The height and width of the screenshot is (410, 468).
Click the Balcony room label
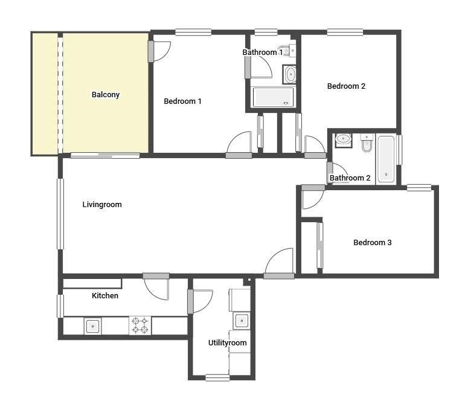pyautogui.click(x=105, y=95)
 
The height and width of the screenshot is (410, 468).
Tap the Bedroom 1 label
pyautogui.click(x=182, y=101)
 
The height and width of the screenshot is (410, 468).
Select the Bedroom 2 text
pyautogui.click(x=346, y=86)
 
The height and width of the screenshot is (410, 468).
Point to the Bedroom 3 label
pyautogui.click(x=372, y=242)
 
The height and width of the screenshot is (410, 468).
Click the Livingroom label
pyautogui.click(x=102, y=205)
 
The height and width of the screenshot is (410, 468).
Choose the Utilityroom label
pyautogui.click(x=227, y=342)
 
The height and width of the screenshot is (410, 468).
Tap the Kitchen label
pyautogui.click(x=104, y=295)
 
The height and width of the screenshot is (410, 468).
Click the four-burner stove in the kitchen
pyautogui.click(x=140, y=325)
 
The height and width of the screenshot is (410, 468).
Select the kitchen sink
pyautogui.click(x=93, y=326)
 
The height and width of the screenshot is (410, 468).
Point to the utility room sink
pyautogui.click(x=242, y=321)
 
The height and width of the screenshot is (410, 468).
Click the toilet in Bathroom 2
pyautogui.click(x=366, y=143)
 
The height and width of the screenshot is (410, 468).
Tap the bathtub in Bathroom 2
pyautogui.click(x=386, y=159)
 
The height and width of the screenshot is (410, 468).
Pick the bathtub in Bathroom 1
pyautogui.click(x=274, y=97)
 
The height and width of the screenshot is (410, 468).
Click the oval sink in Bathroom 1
pyautogui.click(x=289, y=74)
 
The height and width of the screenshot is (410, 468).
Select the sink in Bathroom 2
pyautogui.click(x=344, y=140)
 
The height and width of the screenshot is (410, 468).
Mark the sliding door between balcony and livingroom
pyautogui.click(x=105, y=155)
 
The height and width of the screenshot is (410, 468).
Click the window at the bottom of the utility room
pyautogui.click(x=217, y=377)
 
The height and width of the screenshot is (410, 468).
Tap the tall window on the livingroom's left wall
pyautogui.click(x=60, y=214)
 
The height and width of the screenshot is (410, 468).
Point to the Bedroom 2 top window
pyautogui.click(x=345, y=32)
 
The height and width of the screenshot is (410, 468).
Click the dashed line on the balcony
pyautogui.click(x=60, y=95)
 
